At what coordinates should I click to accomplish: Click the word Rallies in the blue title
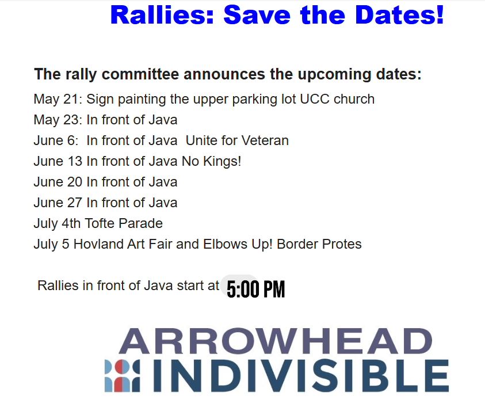point(162,14)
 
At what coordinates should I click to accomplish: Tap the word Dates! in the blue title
point(399,14)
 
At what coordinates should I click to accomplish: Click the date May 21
point(56,100)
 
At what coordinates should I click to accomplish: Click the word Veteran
point(265,140)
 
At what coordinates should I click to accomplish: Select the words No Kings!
point(212,161)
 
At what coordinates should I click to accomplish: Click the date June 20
point(58,182)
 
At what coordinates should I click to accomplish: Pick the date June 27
point(58,203)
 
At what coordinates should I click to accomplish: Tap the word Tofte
point(100,223)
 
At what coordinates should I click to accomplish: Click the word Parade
point(141,223)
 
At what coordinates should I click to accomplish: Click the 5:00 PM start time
point(256,290)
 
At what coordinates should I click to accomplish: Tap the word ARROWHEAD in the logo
point(276,341)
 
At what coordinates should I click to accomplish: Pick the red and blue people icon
point(122,376)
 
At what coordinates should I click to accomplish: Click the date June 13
point(58,161)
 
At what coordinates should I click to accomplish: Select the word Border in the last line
point(297,244)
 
